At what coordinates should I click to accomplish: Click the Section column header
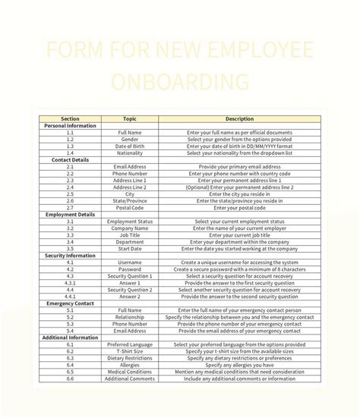(x=70, y=119)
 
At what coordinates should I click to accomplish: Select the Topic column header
(x=130, y=119)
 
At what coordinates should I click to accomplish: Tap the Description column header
(x=239, y=119)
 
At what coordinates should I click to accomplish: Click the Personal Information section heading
(x=70, y=126)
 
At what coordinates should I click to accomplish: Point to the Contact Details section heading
(x=70, y=160)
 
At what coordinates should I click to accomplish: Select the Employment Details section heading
(x=70, y=215)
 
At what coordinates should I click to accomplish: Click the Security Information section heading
(x=70, y=256)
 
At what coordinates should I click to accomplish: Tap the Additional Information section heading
(x=70, y=338)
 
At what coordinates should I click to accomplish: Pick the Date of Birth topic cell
(x=130, y=146)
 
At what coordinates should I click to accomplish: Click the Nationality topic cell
(x=130, y=153)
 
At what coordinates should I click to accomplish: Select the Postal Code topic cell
(x=130, y=208)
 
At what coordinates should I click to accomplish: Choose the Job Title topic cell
(x=130, y=235)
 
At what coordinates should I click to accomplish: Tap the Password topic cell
(x=130, y=269)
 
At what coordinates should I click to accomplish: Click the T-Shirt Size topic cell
(x=130, y=351)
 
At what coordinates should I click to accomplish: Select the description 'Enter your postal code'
(x=239, y=208)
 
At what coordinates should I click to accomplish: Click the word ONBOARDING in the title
(x=179, y=81)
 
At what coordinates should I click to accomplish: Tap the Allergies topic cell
(x=130, y=365)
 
